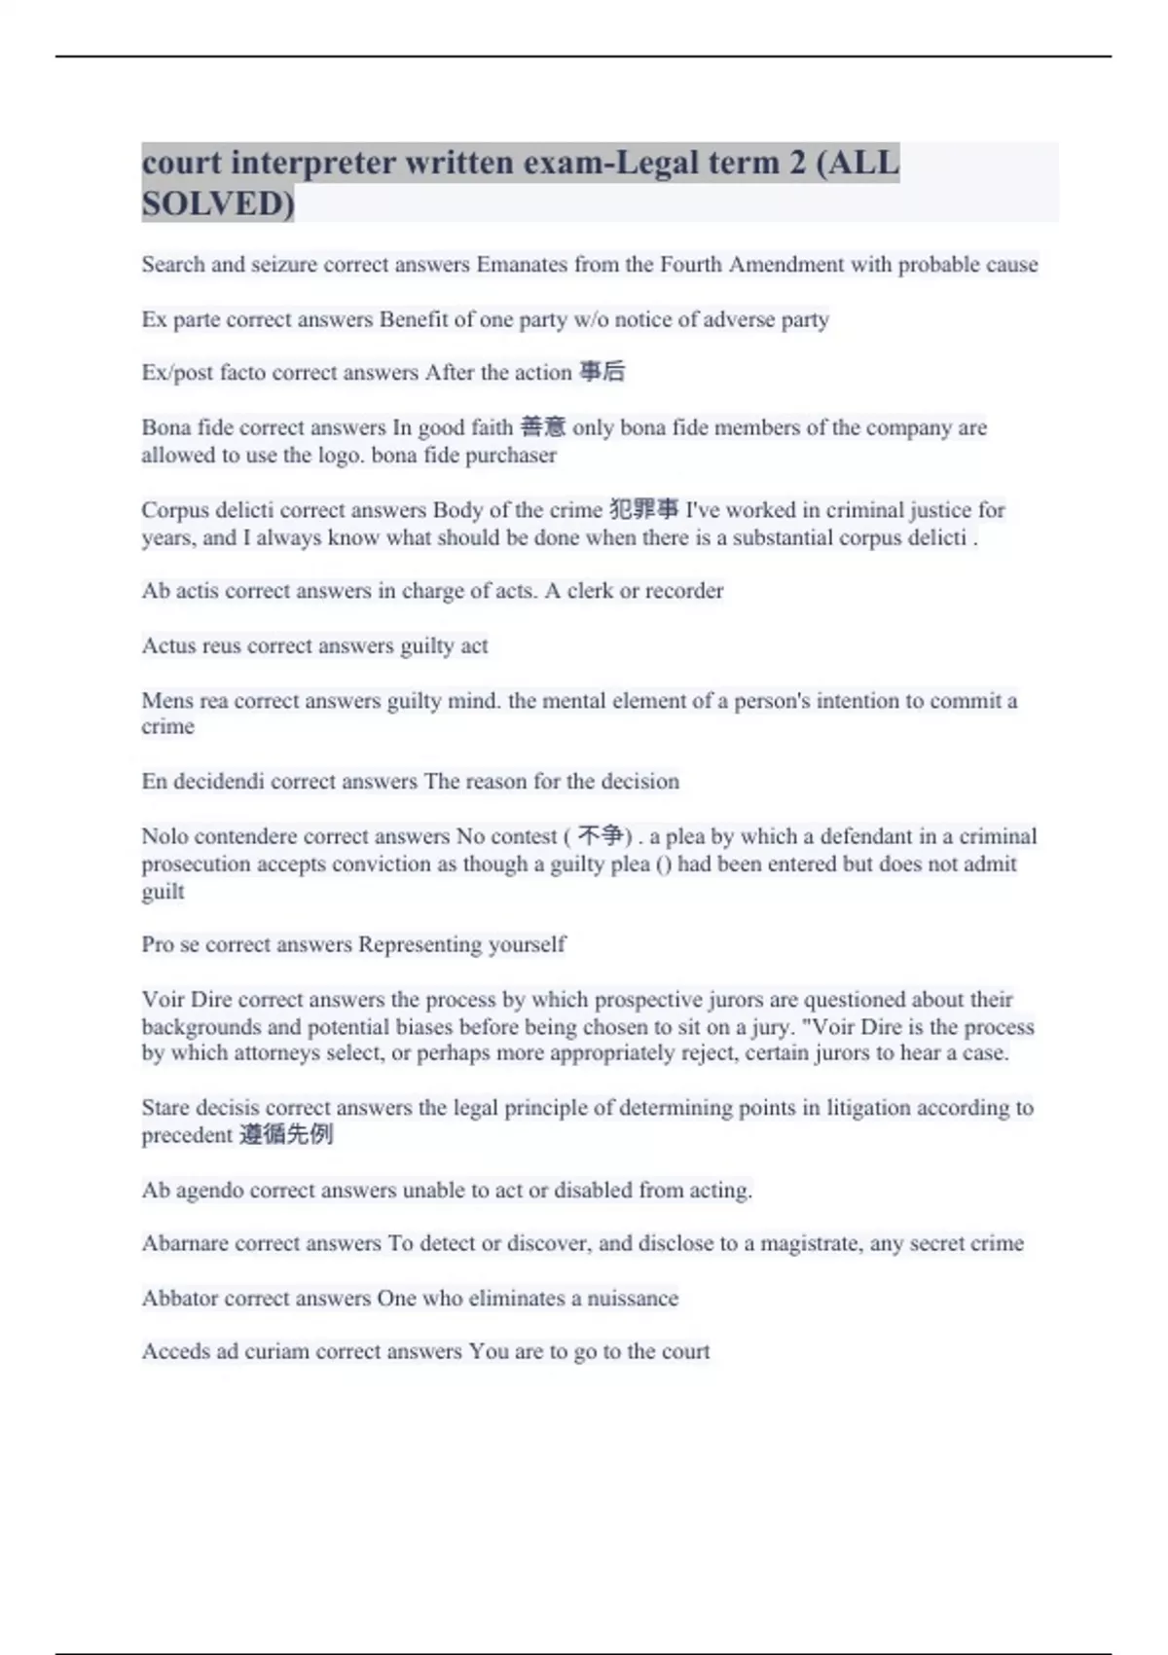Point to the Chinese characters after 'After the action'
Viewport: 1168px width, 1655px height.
click(602, 372)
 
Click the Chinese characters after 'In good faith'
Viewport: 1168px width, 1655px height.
click(542, 427)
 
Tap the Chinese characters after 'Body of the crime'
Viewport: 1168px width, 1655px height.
click(643, 509)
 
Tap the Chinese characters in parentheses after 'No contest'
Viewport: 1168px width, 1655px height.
click(600, 836)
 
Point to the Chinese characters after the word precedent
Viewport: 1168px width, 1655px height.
click(286, 1135)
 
